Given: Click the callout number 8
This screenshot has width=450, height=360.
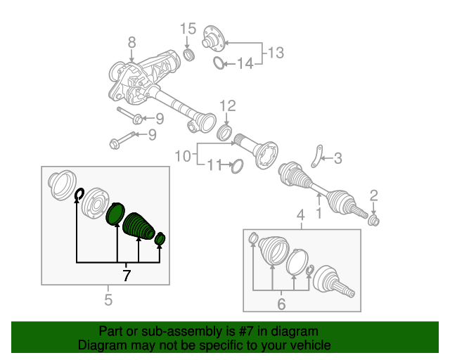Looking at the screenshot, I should [x=131, y=44].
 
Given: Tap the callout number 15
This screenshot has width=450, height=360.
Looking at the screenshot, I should [x=187, y=29].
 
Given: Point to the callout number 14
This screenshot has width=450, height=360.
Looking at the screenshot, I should [x=243, y=64].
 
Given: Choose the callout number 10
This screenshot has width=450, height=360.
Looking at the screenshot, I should [x=182, y=154].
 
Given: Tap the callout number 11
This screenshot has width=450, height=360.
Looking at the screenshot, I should [x=214, y=165].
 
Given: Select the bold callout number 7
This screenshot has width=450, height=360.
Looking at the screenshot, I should [x=127, y=275].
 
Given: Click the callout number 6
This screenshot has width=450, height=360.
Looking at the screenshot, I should [x=281, y=304].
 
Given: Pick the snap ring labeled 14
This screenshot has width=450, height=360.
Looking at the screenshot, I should [x=219, y=65].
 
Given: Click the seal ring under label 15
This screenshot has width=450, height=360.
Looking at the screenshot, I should [x=188, y=54].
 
